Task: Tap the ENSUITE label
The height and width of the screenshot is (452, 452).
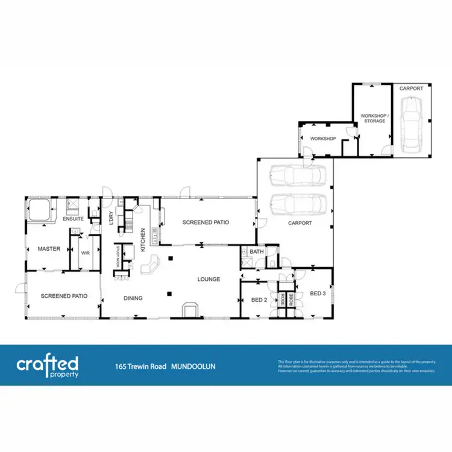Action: (73, 219)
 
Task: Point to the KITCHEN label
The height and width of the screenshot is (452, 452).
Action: (143, 239)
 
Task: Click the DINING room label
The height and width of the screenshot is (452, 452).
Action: (133, 298)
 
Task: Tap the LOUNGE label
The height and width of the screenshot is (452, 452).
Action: (209, 279)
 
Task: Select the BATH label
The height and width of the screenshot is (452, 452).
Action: (257, 251)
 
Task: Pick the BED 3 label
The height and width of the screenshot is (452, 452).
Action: (318, 293)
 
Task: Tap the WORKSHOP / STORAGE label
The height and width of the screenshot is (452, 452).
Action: (372, 118)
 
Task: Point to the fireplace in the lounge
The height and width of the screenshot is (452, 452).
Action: (190, 309)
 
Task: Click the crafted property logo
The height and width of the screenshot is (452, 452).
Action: (47, 366)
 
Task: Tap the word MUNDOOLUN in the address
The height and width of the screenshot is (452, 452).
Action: (193, 366)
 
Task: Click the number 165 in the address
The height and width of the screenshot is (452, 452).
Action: (121, 366)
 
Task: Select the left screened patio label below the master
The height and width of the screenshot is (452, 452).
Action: (64, 296)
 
